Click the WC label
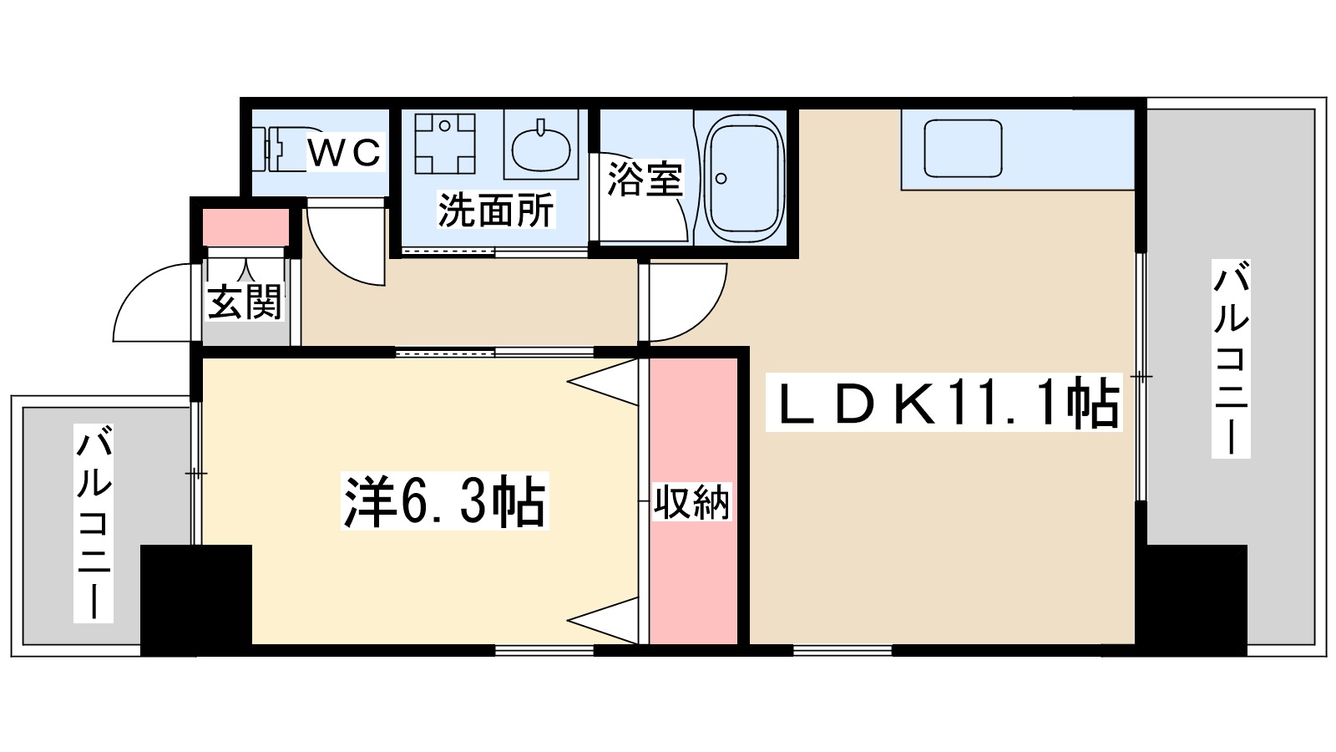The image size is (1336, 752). point(345,153)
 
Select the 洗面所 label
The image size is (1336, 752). point(496,210)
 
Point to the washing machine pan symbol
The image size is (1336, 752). point(446,143)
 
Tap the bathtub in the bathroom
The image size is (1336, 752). point(744,177)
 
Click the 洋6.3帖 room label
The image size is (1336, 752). point(443,502)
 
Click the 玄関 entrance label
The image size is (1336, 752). point(245,302)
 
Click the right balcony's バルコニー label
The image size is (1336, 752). point(1231,359)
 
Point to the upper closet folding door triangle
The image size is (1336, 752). point(606,381)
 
